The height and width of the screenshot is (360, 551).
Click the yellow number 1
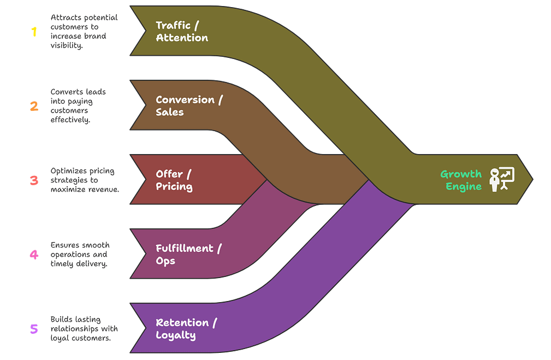coord(34,32)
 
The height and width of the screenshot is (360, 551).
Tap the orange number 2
coord(34,106)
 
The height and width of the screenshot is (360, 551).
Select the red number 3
coord(34,180)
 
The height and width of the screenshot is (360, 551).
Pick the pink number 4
coord(34,255)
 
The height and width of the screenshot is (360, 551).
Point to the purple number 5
coord(34,329)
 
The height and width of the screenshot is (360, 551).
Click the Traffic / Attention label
coord(182,32)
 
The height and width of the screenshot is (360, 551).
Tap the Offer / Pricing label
coord(174,180)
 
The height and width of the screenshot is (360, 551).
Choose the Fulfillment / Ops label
coord(188,255)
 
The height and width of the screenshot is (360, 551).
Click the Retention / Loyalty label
coord(186,329)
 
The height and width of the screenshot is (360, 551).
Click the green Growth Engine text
coord(461,180)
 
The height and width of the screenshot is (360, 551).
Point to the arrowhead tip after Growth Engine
coord(531,179)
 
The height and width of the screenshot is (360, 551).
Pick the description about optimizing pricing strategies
coord(84,180)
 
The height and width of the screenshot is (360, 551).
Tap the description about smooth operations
coord(79,255)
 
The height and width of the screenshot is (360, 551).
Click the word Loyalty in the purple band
coord(176,335)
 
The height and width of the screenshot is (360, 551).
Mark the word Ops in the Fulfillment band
coord(165,261)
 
